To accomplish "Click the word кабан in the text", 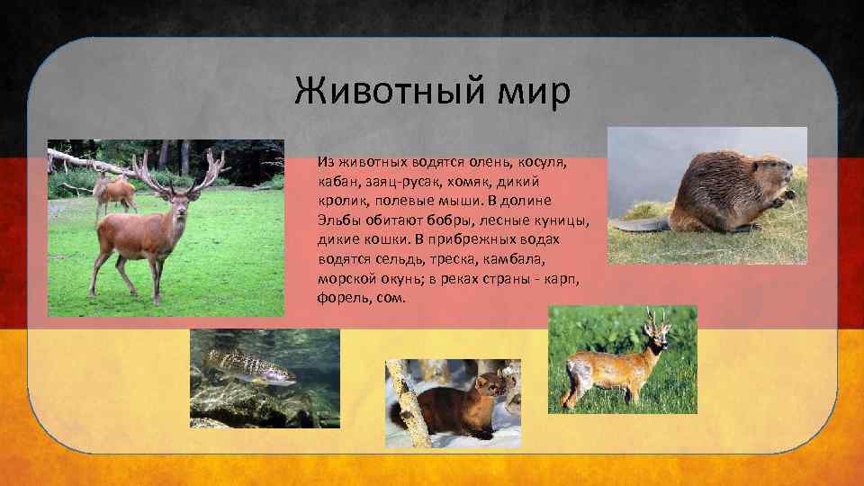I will (337, 180).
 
